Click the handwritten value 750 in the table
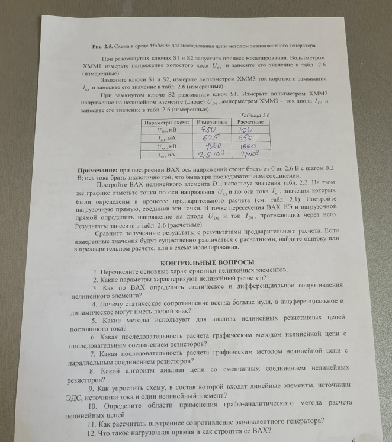(x=208, y=129)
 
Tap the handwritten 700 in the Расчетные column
(x=245, y=130)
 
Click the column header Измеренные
(x=211, y=121)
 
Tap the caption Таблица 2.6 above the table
(x=253, y=115)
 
